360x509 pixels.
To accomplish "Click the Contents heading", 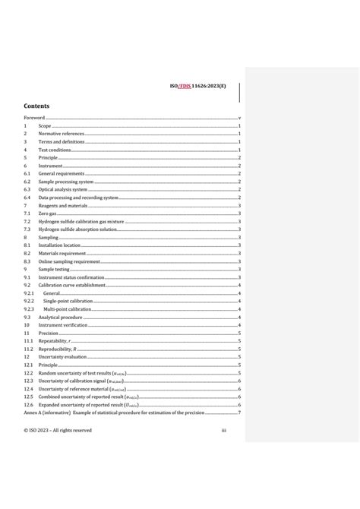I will pyautogui.click(x=36, y=106).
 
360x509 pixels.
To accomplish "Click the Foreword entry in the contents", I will pyautogui.click(x=34, y=118).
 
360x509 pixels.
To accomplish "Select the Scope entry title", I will pyautogui.click(x=45, y=125).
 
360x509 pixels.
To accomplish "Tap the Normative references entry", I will pyautogui.click(x=62, y=134).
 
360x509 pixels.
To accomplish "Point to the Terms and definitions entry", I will pyautogui.click(x=61, y=141).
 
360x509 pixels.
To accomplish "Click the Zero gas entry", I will pyautogui.click(x=47, y=213).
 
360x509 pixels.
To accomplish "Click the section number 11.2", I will pyautogui.click(x=27, y=349).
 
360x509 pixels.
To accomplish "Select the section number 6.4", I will pyautogui.click(x=27, y=198).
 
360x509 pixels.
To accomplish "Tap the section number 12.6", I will pyautogui.click(x=28, y=404).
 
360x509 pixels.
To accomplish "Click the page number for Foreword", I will pyautogui.click(x=240, y=118).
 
